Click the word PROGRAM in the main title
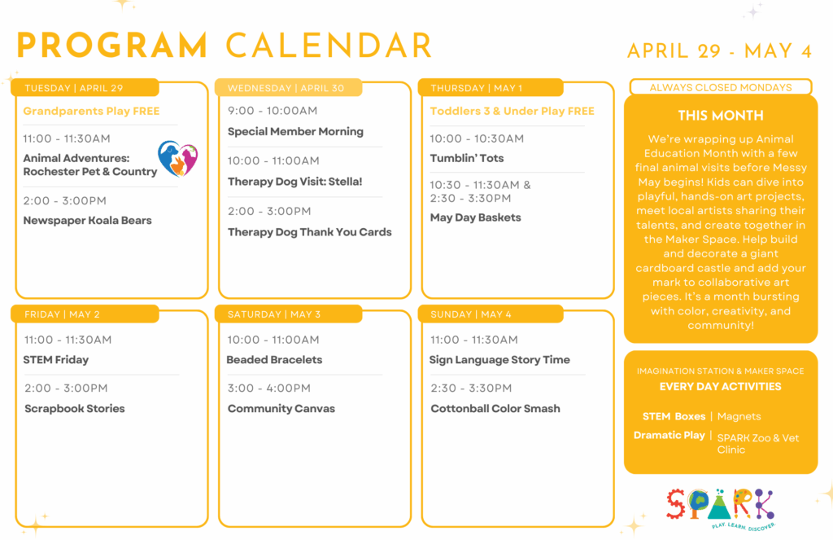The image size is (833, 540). click(112, 46)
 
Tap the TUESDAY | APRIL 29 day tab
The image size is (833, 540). click(85, 88)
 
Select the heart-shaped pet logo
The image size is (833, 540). click(177, 158)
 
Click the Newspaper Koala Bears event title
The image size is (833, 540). click(87, 220)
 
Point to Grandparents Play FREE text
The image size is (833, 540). click(91, 112)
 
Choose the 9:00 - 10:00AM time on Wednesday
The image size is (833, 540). click(273, 111)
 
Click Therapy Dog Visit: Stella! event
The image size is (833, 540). click(294, 182)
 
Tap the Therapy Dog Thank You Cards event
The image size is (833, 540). click(309, 232)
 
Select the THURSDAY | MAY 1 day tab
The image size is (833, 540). click(491, 88)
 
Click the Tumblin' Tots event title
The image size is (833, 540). click(466, 158)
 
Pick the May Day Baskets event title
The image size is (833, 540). click(475, 217)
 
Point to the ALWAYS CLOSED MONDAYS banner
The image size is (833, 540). click(721, 87)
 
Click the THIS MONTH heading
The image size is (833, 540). click(721, 116)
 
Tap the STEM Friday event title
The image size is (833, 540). click(56, 360)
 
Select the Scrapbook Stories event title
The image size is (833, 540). click(74, 409)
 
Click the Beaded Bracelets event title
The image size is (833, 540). click(274, 360)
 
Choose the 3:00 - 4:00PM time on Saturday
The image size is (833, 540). click(268, 389)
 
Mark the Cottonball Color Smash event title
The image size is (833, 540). click(495, 409)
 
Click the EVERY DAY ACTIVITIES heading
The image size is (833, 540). click(721, 387)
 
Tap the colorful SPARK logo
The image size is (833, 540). click(721, 509)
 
